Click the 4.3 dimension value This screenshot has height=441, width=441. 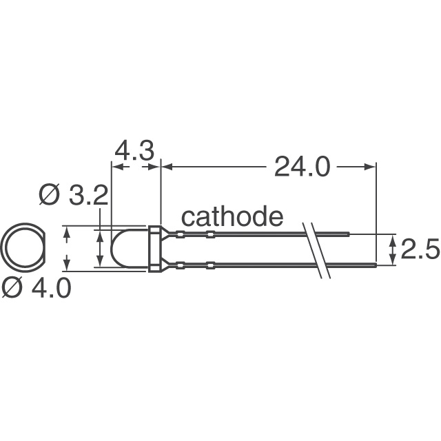coord(134,150)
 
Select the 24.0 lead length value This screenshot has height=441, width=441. coord(302,166)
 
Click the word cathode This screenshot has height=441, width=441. coord(232,217)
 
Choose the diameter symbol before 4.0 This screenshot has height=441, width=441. coord(13,288)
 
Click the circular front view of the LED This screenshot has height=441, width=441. coord(22,249)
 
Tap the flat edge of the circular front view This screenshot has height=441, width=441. coord(41,249)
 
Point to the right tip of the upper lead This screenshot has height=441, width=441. coord(349,235)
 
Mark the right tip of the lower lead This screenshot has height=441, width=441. coord(376,264)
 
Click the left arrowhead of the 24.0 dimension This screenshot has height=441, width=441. coord(166,166)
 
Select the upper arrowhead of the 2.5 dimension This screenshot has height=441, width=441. coord(393,239)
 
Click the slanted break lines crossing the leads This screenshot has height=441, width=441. coord(316,249)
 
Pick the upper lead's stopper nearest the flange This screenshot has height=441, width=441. coord(180,235)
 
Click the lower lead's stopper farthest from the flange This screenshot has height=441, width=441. coord(209,264)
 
